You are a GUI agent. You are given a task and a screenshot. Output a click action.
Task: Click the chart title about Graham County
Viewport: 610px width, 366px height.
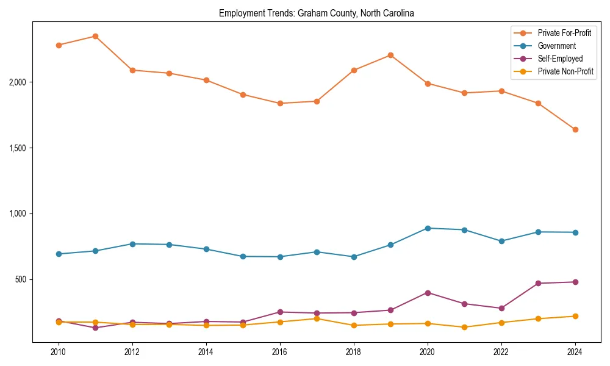point(316,13)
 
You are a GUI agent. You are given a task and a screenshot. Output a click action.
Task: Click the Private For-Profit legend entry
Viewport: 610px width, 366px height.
point(564,32)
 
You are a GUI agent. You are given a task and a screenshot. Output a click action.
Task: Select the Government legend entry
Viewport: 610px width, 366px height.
point(556,46)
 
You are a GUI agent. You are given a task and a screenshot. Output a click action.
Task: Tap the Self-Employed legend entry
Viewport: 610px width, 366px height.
point(560,59)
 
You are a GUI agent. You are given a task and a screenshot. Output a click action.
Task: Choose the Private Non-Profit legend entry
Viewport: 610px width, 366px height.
point(565,71)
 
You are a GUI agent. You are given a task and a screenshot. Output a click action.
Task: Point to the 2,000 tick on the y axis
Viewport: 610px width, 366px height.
point(19,82)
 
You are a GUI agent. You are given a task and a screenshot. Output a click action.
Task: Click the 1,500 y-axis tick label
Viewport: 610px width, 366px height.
point(19,148)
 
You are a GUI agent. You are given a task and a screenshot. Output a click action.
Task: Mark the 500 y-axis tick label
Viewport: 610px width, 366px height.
point(23,279)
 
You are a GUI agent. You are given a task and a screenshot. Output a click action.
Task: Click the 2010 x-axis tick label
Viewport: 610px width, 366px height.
point(59,352)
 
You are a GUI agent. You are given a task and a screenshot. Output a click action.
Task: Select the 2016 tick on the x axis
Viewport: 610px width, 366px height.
point(280,352)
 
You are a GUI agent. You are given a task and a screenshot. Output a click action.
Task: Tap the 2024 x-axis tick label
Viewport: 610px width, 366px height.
point(575,352)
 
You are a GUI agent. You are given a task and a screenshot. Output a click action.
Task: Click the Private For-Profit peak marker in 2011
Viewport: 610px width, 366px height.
point(95,36)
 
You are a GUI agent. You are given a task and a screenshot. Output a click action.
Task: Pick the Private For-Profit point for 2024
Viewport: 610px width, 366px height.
point(575,129)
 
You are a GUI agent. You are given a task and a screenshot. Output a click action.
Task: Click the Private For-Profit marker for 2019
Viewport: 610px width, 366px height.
point(390,55)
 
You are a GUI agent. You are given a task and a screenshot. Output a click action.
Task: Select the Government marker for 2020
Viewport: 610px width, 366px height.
point(428,228)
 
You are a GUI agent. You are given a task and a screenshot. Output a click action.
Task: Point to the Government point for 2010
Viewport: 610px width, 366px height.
point(59,254)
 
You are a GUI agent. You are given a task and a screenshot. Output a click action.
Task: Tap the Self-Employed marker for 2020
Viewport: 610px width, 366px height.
point(428,293)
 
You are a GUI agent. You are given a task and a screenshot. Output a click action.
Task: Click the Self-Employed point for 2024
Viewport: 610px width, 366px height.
point(575,282)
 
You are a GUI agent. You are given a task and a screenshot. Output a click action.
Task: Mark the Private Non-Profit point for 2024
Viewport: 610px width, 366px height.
point(575,316)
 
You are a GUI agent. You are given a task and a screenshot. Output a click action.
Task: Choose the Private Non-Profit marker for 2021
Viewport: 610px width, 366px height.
point(464,327)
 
